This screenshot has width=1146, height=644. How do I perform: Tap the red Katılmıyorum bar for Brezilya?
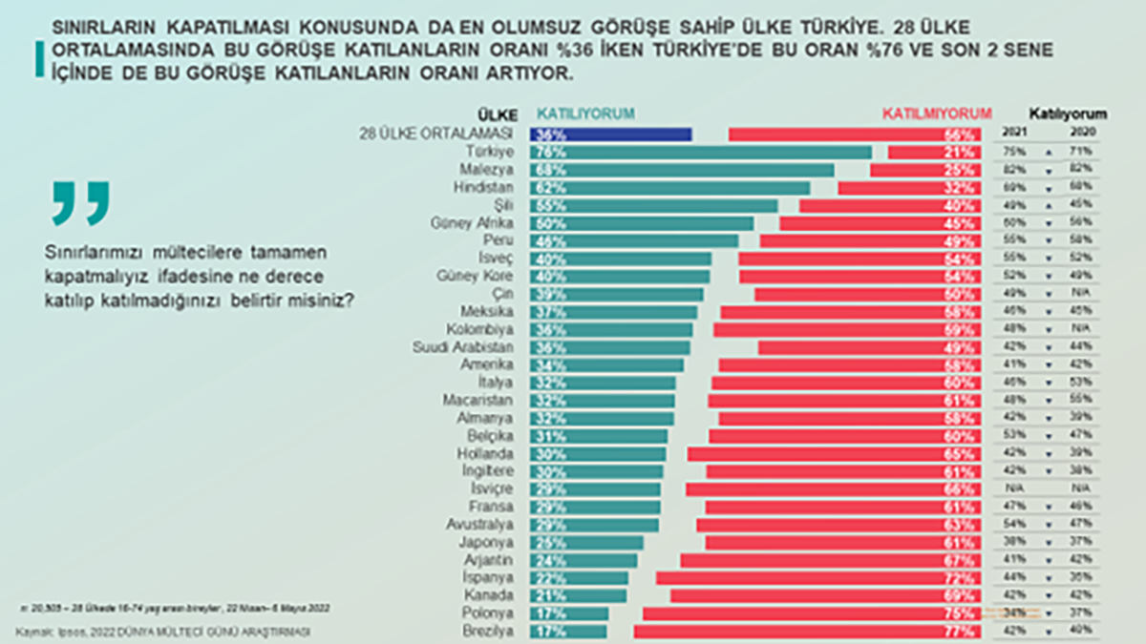point(807,631)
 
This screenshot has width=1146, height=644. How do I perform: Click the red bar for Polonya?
point(812,613)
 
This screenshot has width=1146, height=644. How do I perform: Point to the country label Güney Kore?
point(481,277)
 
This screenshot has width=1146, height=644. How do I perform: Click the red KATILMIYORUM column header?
point(937,114)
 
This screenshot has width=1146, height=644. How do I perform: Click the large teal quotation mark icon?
point(81,202)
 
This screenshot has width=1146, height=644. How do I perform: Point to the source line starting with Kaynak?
point(163,632)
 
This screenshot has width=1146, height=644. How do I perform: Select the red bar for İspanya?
point(817,577)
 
